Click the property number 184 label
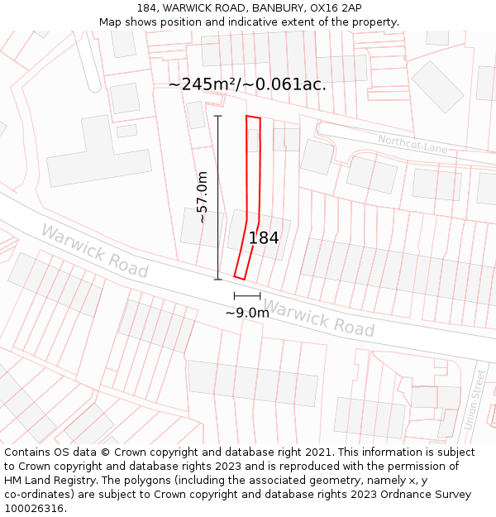[264, 238]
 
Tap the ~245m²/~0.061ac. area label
[247, 84]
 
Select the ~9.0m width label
[247, 313]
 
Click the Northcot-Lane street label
[413, 145]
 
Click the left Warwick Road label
[94, 251]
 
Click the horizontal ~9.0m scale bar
[247, 295]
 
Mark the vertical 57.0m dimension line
[218, 198]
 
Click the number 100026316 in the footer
[34, 509]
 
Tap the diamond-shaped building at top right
[437, 86]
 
